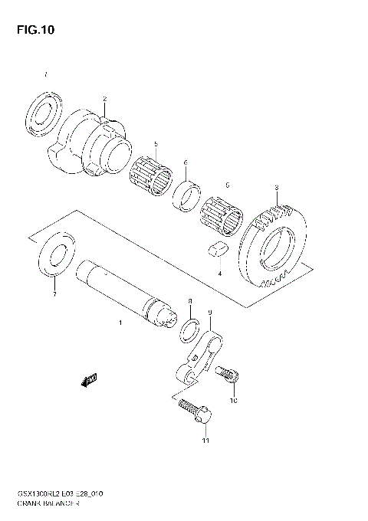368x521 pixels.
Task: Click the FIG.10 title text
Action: coord(34,30)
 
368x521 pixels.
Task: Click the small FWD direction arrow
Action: coord(89,380)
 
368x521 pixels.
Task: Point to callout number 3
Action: coord(276,187)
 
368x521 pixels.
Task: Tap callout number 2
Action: coord(105,99)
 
